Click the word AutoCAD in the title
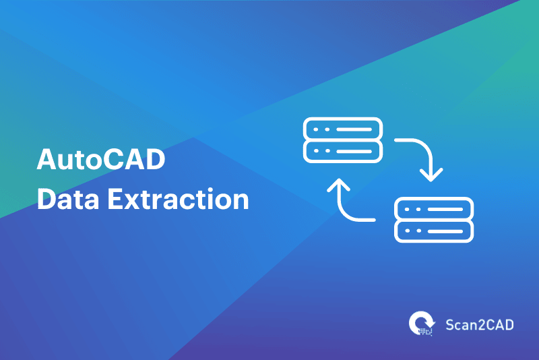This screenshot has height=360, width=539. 100,161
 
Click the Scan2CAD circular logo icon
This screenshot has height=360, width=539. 422,323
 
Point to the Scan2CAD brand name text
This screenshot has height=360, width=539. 480,324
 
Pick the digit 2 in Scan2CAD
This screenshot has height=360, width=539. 480,324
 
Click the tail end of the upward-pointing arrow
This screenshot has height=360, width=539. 373,220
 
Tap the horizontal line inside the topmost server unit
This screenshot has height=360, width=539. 353,129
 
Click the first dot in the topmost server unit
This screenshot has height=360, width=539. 317,129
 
